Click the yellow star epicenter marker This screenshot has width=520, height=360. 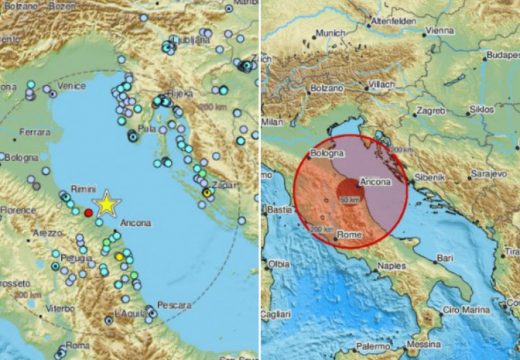pos(105,206)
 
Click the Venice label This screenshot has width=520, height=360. pos(71,87)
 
